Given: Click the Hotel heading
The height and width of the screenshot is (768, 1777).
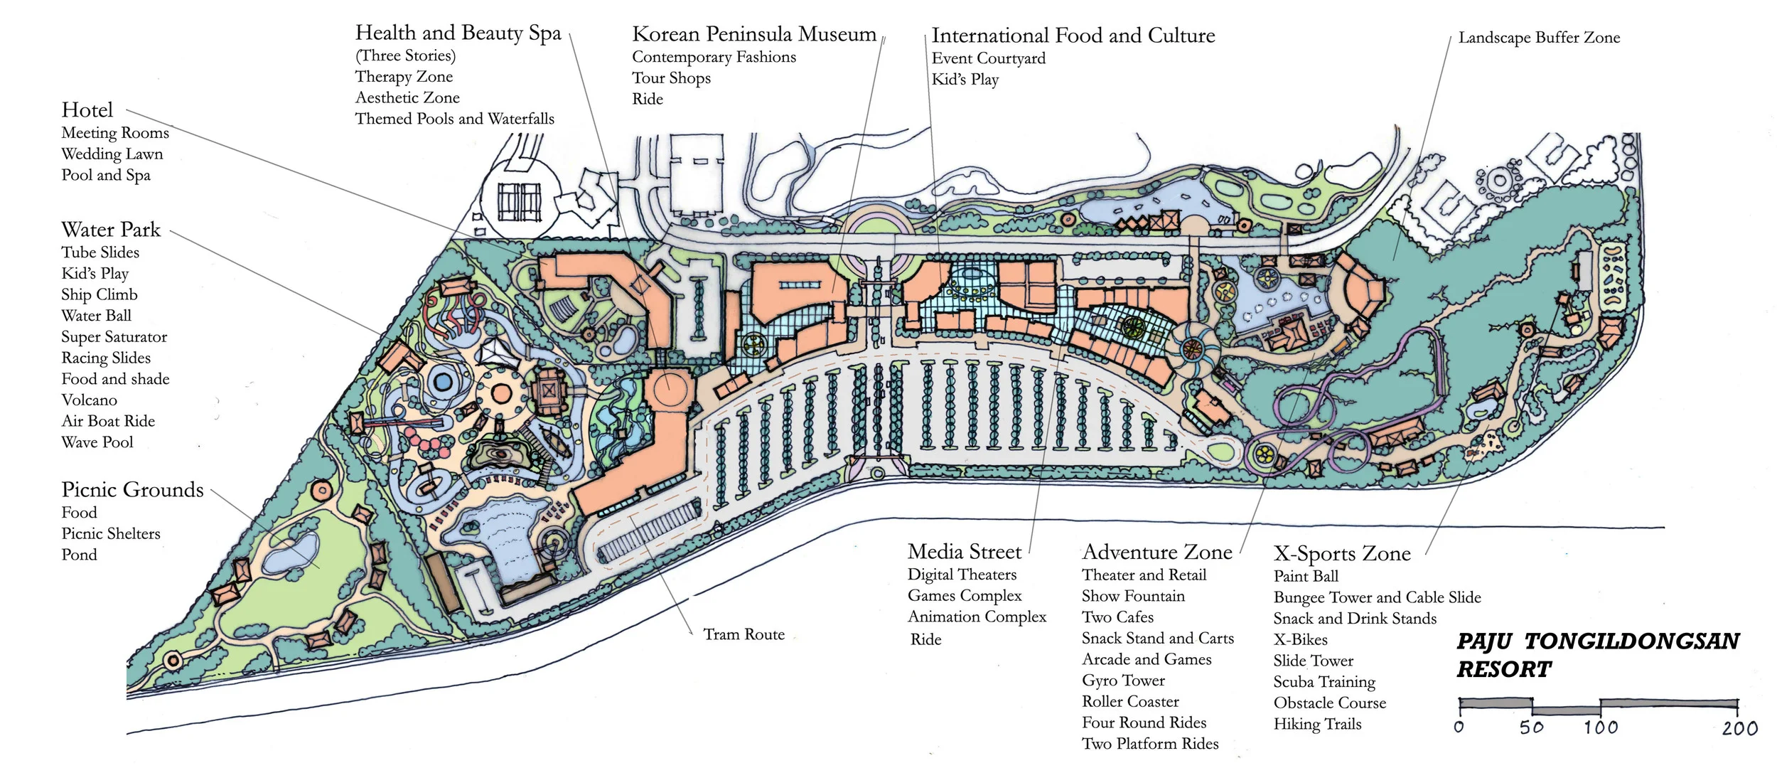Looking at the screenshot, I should [x=87, y=110].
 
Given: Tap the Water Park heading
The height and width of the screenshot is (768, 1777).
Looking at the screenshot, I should [x=111, y=230].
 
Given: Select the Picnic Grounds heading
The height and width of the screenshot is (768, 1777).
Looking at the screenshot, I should [x=132, y=490].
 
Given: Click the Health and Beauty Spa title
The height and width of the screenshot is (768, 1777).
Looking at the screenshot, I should [x=458, y=33].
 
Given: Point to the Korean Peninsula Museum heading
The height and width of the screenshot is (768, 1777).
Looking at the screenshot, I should [x=753, y=34].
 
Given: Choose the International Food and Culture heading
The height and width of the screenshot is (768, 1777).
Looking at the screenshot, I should [x=1073, y=36].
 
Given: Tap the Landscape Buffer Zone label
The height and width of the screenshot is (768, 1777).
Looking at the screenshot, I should [x=1539, y=38].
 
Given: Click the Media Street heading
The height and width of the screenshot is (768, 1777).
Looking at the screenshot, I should [x=964, y=552].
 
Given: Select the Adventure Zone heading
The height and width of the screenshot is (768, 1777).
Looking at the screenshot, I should [x=1156, y=553].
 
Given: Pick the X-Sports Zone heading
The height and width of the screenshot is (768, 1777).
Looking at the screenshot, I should [x=1341, y=554].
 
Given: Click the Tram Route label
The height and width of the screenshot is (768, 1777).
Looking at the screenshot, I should [x=743, y=634].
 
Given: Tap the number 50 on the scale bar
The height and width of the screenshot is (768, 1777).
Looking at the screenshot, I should [x=1531, y=727].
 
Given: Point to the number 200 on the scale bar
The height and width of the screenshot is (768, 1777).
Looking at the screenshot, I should [x=1739, y=728].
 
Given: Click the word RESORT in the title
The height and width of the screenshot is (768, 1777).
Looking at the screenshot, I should [x=1504, y=670].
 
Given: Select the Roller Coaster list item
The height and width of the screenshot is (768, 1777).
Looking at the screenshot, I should [x=1129, y=702].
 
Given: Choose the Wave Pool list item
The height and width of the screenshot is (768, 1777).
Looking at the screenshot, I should [x=97, y=442].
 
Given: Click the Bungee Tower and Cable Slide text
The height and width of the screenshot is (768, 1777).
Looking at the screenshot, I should [x=1377, y=597].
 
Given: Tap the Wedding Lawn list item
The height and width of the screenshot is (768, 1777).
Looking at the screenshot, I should [x=112, y=154].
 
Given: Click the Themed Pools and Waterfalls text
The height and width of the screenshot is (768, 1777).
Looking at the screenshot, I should [x=454, y=119].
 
